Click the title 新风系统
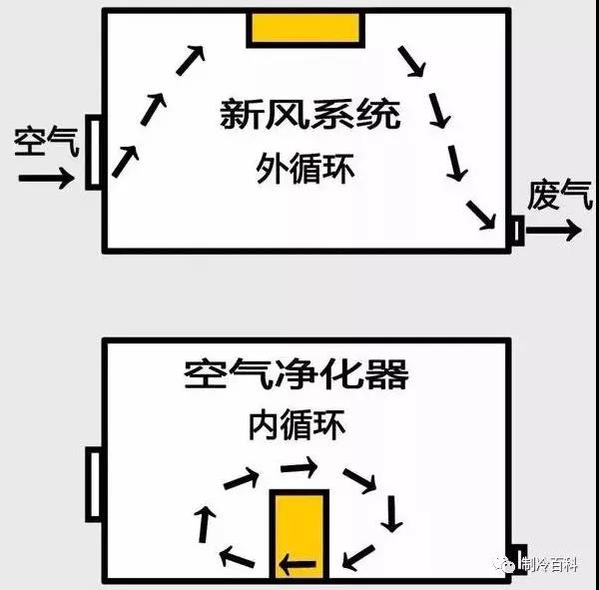[x=310, y=114]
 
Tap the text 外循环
[x=305, y=169]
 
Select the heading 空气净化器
[x=297, y=373]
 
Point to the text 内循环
[x=298, y=424]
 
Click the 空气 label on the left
[x=47, y=141]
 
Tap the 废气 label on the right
[x=560, y=195]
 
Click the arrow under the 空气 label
[x=46, y=178]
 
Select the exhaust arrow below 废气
[x=554, y=230]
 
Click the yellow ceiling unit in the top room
[x=305, y=28]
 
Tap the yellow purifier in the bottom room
[x=299, y=534]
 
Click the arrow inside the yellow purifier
[x=298, y=564]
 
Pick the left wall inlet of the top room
[x=94, y=152]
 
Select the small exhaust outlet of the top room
[x=517, y=231]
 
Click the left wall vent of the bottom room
[x=94, y=484]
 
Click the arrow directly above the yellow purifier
[x=299, y=467]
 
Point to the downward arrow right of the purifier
[x=391, y=514]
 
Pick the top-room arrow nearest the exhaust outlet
[x=481, y=216]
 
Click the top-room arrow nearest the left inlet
[x=126, y=162]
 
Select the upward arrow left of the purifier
[x=205, y=524]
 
